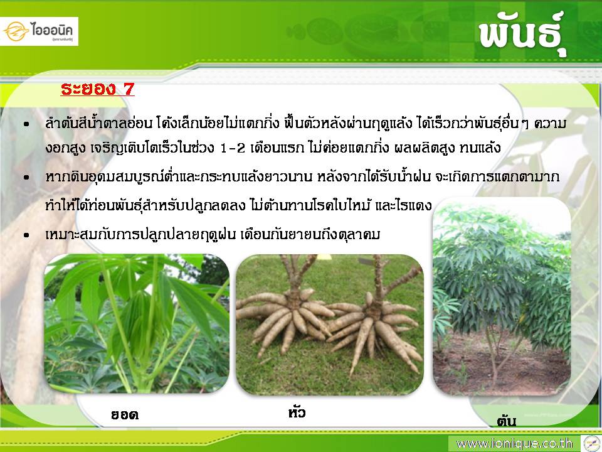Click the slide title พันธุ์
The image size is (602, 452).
tap(522, 34)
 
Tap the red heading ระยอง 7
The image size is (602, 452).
tap(98, 89)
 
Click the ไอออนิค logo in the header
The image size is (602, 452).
tap(38, 31)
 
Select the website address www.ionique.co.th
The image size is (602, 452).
tap(514, 444)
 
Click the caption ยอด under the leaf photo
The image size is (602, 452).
tap(124, 415)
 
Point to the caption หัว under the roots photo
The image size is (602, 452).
tap(297, 412)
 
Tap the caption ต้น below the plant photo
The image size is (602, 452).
tap(507, 421)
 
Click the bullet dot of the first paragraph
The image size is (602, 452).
tap(26, 124)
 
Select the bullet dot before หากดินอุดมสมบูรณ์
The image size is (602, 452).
tap(26, 177)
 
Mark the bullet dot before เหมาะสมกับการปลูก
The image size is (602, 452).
tap(26, 234)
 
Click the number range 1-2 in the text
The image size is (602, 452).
tap(233, 148)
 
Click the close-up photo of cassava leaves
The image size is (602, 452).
tap(137, 323)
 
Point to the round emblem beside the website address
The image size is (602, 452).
tap(591, 443)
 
